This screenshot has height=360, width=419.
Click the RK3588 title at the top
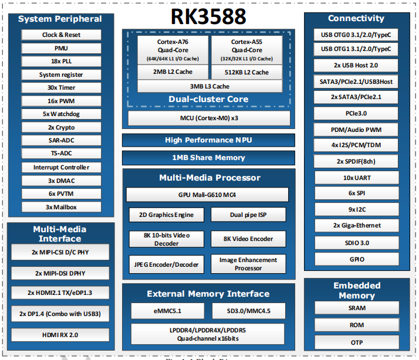(x=208, y=16)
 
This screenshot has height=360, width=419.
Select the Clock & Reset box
(x=61, y=35)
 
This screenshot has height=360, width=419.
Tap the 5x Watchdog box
(x=61, y=114)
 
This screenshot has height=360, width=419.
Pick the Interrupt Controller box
(x=61, y=168)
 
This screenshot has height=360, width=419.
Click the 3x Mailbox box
(x=61, y=207)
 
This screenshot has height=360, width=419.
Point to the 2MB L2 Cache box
(x=173, y=72)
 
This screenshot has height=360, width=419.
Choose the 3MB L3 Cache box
(x=209, y=86)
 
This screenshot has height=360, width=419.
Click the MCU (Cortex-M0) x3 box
(x=209, y=118)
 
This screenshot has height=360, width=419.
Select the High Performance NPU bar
(x=208, y=140)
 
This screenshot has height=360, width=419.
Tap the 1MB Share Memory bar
(x=208, y=158)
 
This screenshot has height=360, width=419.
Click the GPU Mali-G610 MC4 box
(x=207, y=195)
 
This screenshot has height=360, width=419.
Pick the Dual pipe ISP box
(x=248, y=215)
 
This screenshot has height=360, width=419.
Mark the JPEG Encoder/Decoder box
(x=166, y=264)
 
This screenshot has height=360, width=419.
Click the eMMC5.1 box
(x=168, y=311)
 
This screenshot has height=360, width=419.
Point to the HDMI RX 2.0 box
(x=60, y=335)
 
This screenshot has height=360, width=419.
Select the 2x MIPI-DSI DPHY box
(x=60, y=273)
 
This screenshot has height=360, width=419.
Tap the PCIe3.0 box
(x=356, y=114)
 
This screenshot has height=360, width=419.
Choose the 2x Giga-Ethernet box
(x=357, y=225)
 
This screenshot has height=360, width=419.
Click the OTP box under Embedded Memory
(x=357, y=342)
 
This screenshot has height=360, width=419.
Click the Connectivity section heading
(x=356, y=18)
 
